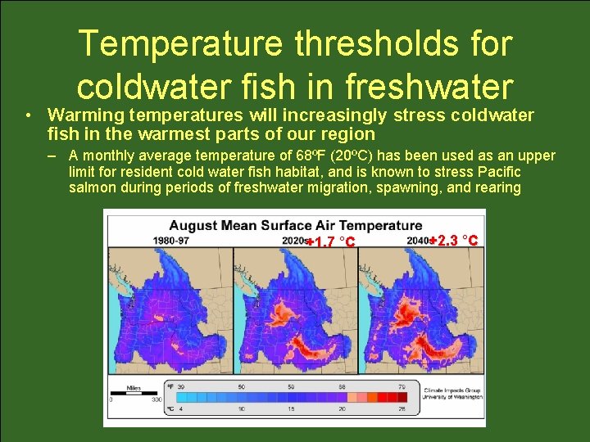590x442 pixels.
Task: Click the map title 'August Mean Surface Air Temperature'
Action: coord(295,225)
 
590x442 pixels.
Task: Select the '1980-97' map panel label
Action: coord(170,240)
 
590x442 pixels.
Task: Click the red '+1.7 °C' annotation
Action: coord(329,241)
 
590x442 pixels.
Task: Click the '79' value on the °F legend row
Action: coord(402,386)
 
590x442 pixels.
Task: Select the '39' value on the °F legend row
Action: coord(180,386)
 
